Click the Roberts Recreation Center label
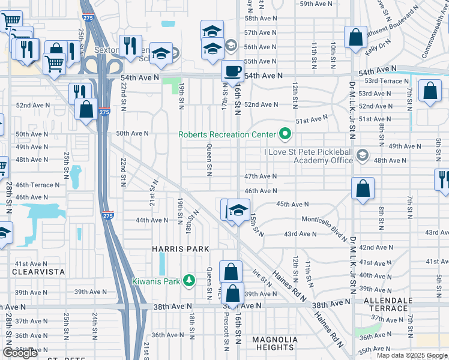227,134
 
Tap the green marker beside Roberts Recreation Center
285,134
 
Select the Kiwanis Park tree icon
189,280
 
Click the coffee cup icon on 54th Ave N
232,71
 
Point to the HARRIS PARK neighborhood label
181,248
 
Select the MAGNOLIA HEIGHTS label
274,343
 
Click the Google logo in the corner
20,353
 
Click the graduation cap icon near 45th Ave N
238,211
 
